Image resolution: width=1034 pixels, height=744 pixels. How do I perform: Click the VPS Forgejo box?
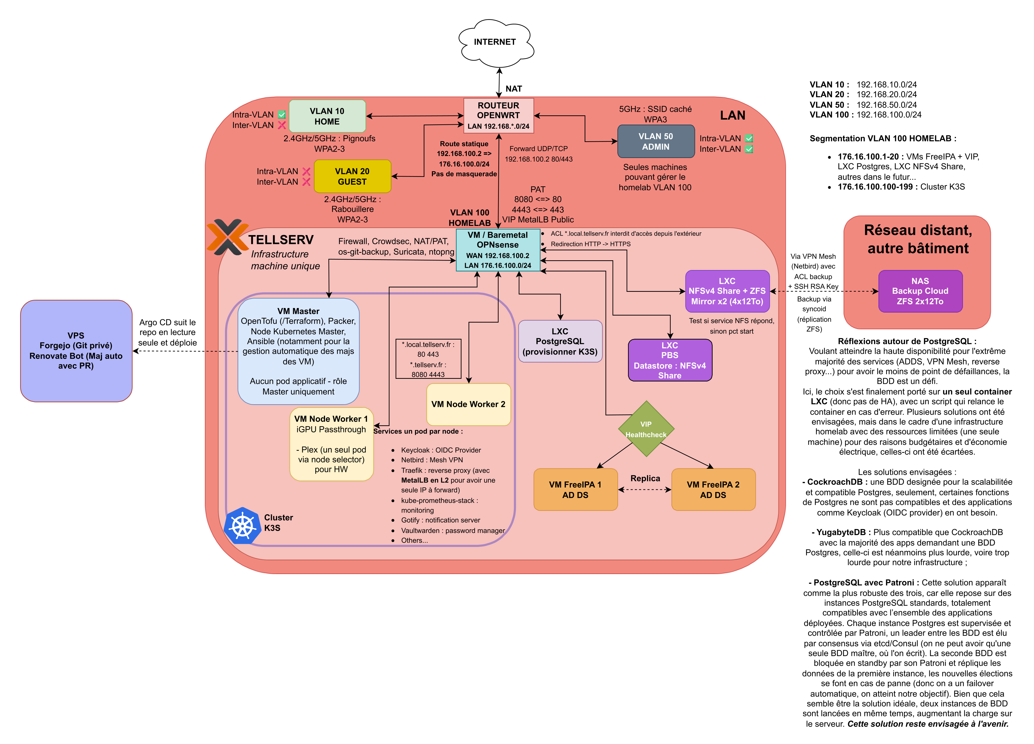coord(76,351)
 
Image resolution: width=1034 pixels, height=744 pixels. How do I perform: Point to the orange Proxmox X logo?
coord(227,237)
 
